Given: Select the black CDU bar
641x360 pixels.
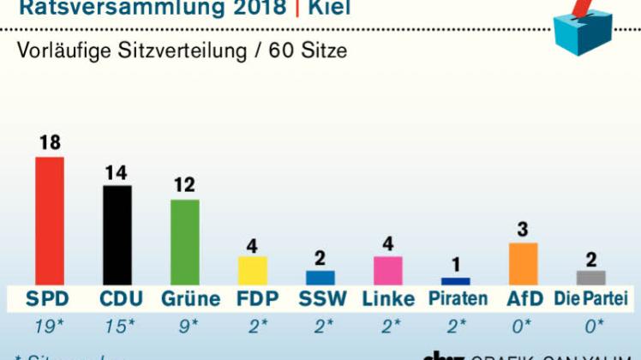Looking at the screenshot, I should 117,235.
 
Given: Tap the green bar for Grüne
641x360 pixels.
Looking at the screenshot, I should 184,242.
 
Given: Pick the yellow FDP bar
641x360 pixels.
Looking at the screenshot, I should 252,270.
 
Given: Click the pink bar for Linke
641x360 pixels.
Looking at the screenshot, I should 387,270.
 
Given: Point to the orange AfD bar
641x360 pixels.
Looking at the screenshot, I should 523,263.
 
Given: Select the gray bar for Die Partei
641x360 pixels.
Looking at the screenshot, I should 590,277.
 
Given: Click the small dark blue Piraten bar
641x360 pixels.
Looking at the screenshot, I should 455,281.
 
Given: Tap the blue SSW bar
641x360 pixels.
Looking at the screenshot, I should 320,277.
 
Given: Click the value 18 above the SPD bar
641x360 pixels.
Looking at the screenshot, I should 49,143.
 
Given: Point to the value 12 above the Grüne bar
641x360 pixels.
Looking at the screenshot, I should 184,185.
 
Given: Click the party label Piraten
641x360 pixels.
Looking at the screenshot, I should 458,299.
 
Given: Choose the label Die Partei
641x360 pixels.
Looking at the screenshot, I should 590,299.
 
